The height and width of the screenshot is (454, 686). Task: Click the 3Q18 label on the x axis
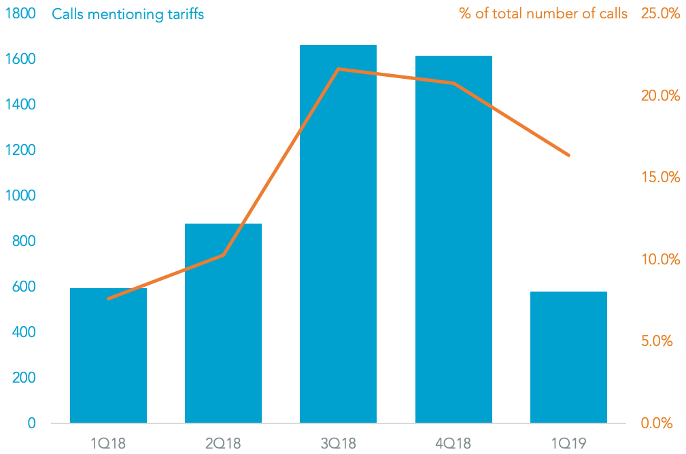338,444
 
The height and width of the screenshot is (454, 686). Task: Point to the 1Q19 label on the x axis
568,444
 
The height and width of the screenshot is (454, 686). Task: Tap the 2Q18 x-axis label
223,444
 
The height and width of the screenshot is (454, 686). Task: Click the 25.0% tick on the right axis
660,14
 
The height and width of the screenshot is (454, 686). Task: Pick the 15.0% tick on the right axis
660,177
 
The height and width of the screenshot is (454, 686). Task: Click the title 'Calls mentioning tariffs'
128,14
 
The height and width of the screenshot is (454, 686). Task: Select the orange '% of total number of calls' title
543,14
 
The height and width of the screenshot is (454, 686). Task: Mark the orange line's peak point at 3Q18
338,69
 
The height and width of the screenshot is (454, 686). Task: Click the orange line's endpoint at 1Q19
568,156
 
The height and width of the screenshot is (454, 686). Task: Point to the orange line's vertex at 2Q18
223,255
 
